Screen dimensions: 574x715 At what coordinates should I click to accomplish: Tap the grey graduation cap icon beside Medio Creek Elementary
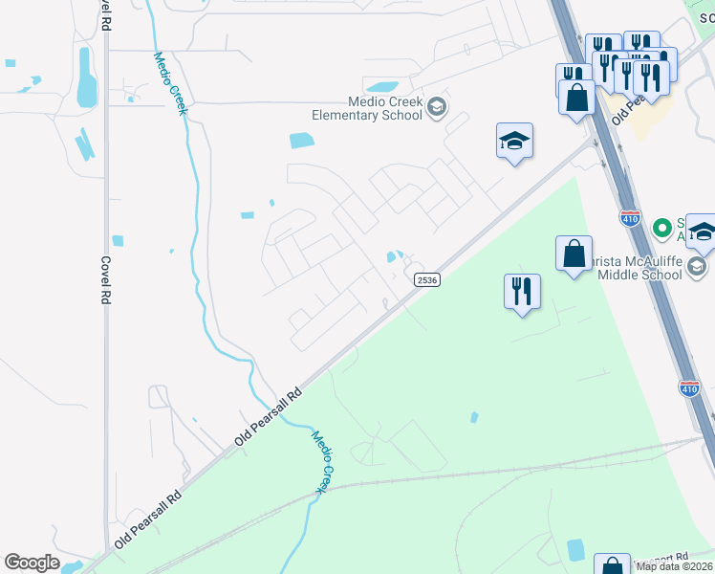click(x=437, y=106)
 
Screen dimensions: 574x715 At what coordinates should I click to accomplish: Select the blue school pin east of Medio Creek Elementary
click(x=514, y=142)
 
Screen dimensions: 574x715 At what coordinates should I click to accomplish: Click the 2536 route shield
click(x=427, y=279)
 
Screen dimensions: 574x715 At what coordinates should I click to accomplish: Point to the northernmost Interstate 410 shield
click(x=629, y=219)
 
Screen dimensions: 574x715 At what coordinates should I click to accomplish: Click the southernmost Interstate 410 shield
click(x=689, y=388)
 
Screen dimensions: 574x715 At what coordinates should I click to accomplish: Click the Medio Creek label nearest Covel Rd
click(x=171, y=82)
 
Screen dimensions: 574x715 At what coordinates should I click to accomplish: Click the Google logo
click(x=32, y=563)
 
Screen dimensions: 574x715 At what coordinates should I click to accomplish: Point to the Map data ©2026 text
click(x=675, y=566)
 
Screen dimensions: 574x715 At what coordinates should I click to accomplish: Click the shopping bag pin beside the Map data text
click(x=611, y=564)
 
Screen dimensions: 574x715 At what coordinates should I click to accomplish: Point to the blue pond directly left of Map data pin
click(x=575, y=550)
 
